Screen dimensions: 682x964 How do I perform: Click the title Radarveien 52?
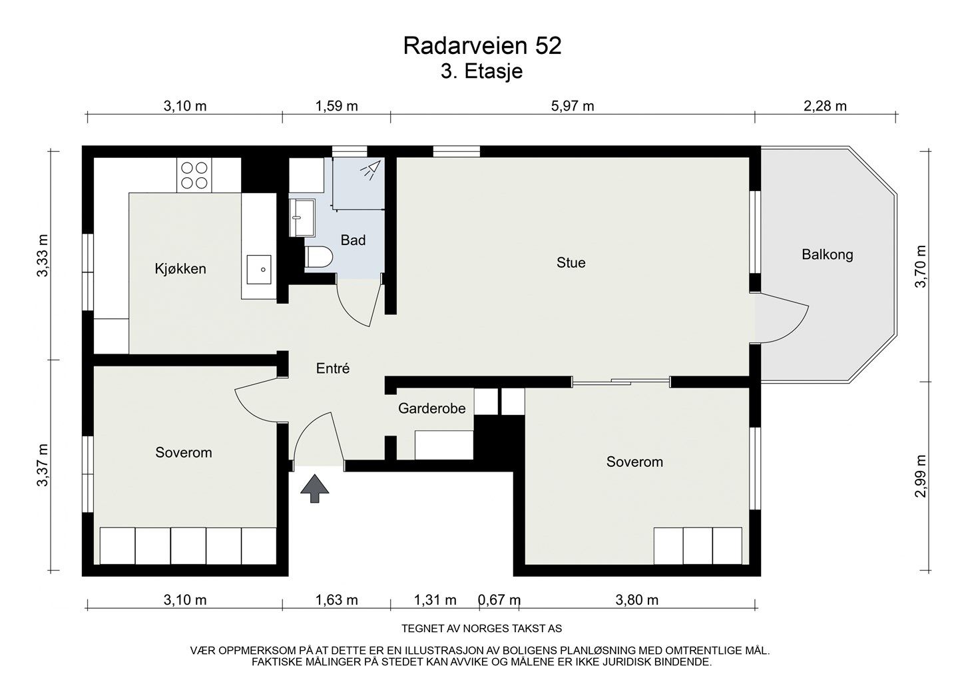[x=482, y=45]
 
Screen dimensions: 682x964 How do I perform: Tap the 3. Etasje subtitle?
[x=482, y=71]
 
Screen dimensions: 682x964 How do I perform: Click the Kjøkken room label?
[x=180, y=269]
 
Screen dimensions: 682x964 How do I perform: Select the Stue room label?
[x=571, y=262]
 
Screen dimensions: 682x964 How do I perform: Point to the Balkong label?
[x=827, y=254]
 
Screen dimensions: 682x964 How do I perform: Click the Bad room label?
[x=353, y=240]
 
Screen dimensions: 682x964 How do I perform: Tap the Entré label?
[x=333, y=368]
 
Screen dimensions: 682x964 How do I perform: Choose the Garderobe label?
[x=431, y=408]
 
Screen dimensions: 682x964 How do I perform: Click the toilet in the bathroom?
[x=318, y=258]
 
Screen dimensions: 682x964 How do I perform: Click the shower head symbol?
[x=369, y=170]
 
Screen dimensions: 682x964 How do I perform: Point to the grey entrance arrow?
[x=315, y=488]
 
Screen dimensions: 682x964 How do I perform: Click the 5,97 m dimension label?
[x=573, y=106]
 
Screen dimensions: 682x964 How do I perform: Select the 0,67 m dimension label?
[x=499, y=600]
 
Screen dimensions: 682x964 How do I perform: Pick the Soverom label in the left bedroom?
[x=184, y=453]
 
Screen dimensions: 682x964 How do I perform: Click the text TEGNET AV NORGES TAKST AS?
[x=482, y=628]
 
